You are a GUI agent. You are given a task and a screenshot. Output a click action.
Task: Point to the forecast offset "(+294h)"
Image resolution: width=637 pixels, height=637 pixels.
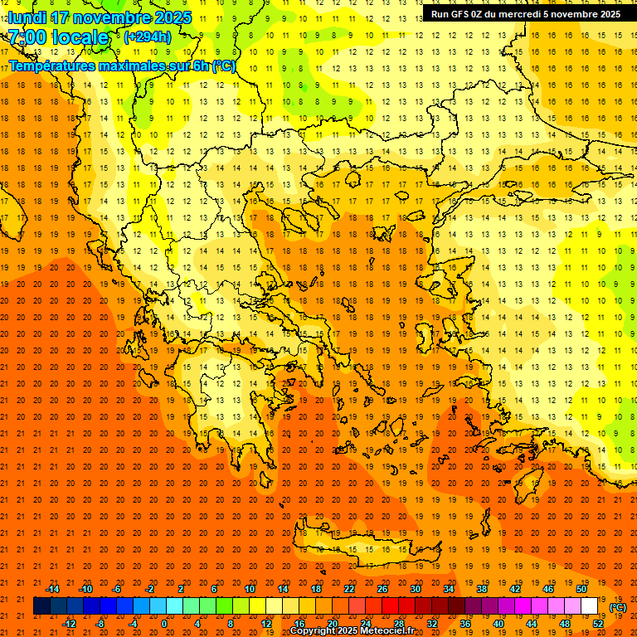(147, 37)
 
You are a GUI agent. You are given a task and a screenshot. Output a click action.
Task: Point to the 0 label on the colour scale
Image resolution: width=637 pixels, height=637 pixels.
(164, 623)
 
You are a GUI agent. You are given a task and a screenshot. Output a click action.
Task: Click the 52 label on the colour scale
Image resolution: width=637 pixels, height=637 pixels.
(597, 623)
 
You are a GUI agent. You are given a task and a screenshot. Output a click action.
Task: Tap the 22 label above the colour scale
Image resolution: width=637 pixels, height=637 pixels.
(349, 589)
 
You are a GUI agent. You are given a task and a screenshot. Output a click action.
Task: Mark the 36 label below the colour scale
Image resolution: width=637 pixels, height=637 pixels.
(464, 623)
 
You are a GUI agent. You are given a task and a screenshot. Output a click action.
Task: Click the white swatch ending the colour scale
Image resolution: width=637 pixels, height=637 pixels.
(589, 606)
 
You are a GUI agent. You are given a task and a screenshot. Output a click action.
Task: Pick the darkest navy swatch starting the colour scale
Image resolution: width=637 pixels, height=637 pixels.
(41, 606)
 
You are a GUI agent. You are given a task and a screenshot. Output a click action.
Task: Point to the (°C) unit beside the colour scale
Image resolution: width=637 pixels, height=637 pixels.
(618, 607)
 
